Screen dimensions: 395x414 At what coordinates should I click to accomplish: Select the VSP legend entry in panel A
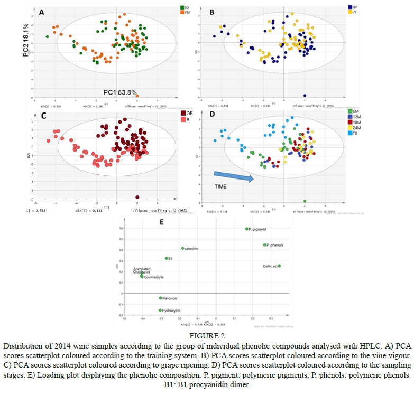187,12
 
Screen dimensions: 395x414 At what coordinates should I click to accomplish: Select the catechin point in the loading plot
183,248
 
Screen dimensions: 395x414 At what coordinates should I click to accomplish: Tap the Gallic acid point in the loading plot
280,266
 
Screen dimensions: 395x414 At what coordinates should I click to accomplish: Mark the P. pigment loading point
247,229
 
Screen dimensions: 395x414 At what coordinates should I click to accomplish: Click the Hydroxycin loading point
160,311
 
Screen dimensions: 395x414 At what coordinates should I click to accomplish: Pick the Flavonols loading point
160,298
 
